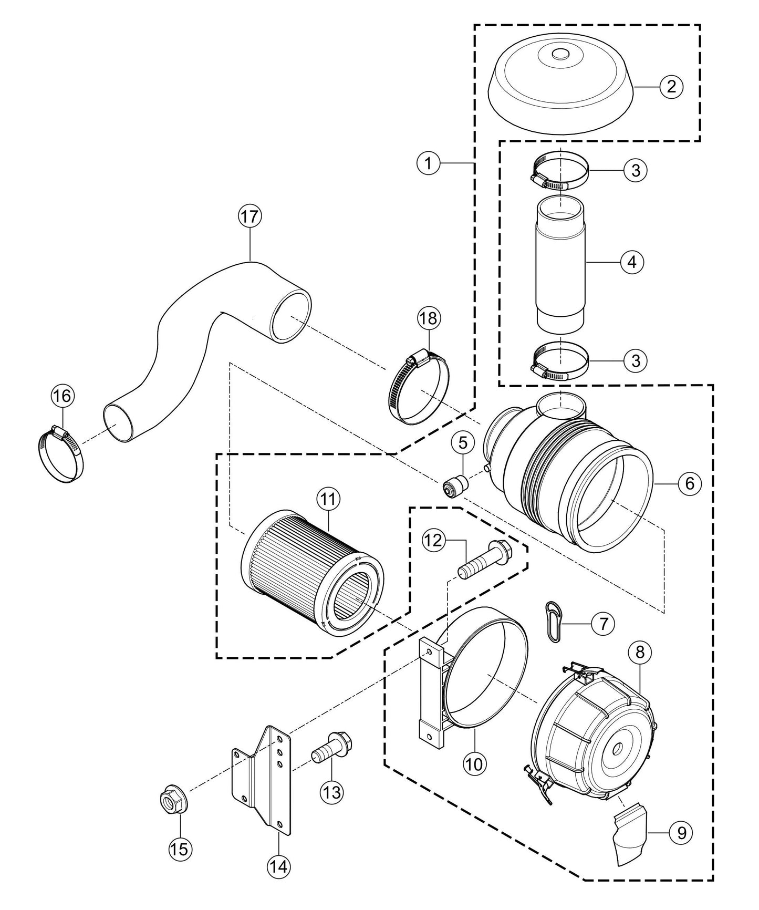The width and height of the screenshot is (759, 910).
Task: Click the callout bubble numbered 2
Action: click(671, 86)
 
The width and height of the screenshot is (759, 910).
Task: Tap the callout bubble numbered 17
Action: click(250, 216)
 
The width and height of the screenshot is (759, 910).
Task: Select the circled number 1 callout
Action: click(429, 163)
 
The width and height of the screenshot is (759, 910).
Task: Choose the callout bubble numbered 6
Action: click(690, 483)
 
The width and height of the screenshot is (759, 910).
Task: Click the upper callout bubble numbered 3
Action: click(636, 170)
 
